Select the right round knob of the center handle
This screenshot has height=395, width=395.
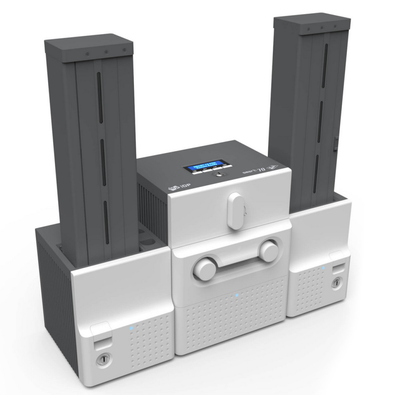pos(268,249)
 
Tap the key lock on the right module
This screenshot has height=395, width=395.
pos(336,280)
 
